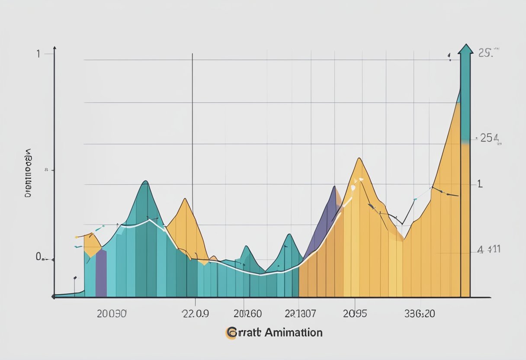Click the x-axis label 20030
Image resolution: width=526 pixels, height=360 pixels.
point(112,314)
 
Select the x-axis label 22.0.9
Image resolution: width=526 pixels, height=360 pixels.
point(195,314)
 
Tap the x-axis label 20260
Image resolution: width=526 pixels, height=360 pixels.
point(247,314)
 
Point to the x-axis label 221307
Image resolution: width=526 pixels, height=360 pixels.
point(301,314)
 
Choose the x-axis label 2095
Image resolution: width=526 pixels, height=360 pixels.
point(355,314)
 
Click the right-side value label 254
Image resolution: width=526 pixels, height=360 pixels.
point(489,138)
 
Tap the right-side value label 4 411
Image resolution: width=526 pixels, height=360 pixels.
point(488,250)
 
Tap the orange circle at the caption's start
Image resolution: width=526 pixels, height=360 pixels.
point(231,333)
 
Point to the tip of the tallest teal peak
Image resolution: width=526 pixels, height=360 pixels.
point(145,181)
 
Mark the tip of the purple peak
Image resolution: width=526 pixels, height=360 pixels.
point(334,187)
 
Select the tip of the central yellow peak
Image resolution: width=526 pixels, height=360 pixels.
point(358,159)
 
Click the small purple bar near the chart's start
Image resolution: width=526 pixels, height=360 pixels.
point(101,273)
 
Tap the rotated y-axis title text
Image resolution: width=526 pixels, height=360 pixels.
point(29,173)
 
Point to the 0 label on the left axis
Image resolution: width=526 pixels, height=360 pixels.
point(39,257)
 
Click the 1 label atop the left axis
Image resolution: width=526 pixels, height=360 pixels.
point(38,54)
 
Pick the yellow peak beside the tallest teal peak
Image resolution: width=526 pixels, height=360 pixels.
point(185,199)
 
